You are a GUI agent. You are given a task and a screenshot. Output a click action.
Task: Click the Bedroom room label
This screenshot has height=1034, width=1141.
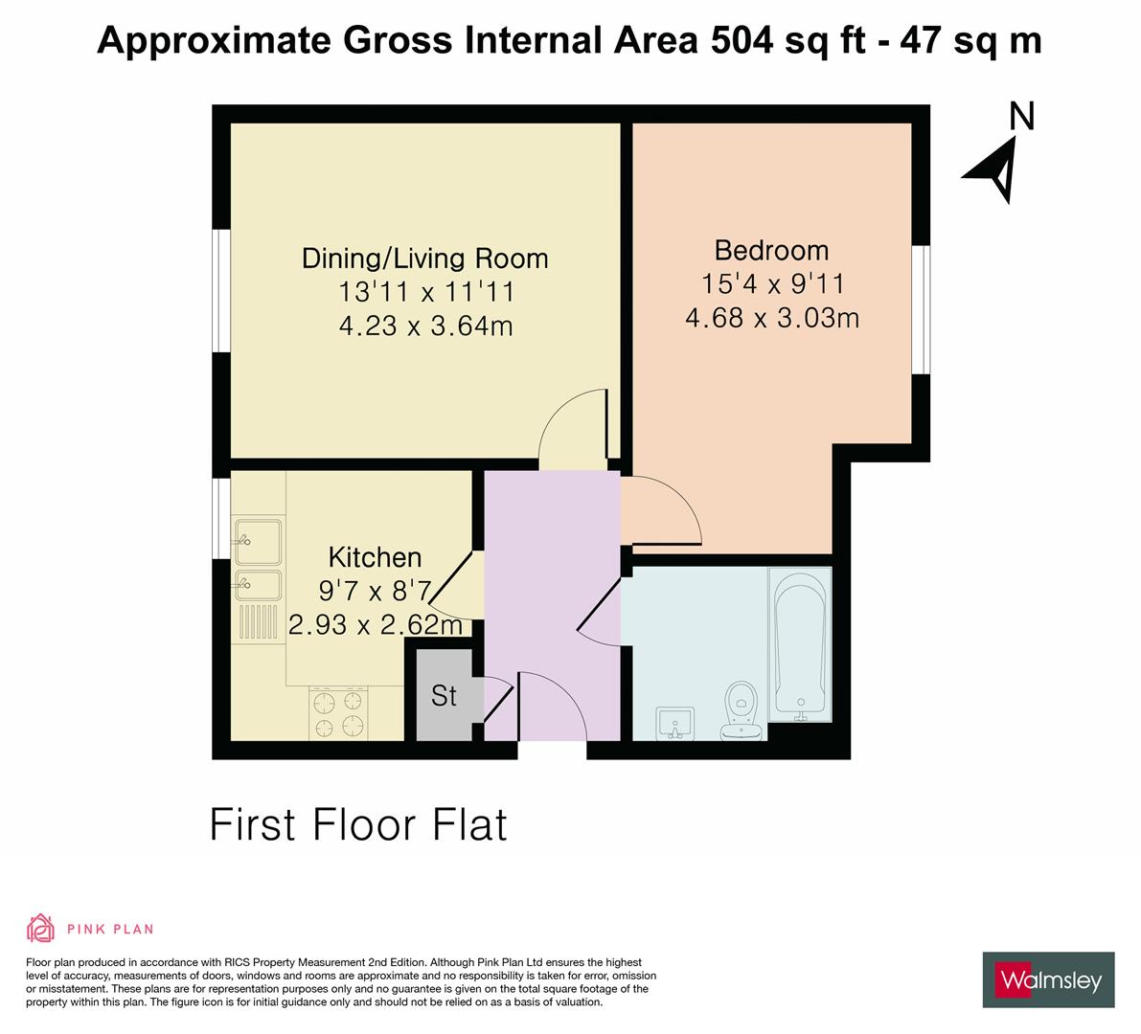(x=771, y=251)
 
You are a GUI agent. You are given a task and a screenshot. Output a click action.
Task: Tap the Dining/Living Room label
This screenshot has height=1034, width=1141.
(x=424, y=258)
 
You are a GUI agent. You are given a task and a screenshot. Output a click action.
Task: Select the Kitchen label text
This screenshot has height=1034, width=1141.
(x=375, y=557)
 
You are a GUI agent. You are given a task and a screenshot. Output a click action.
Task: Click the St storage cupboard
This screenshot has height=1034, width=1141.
(x=444, y=695)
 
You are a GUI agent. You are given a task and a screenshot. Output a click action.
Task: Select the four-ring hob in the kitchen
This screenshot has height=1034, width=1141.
(x=338, y=713)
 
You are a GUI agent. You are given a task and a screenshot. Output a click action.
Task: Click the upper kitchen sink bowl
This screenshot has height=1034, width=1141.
(x=258, y=539)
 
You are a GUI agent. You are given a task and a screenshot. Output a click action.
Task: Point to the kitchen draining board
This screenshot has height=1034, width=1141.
(x=258, y=622)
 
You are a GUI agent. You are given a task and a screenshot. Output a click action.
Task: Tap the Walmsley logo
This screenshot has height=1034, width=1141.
(x=1049, y=979)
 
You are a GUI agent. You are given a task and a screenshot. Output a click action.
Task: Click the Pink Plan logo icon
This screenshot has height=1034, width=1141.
(x=40, y=928)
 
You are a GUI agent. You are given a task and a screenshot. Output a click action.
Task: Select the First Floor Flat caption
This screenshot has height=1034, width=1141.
(x=357, y=824)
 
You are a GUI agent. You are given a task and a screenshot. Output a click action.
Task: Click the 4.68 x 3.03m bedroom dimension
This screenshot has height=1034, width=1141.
(x=771, y=317)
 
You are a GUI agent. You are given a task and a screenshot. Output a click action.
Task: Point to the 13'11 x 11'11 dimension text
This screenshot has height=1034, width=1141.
(x=424, y=292)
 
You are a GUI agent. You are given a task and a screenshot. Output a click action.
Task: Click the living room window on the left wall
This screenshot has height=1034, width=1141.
(x=221, y=291)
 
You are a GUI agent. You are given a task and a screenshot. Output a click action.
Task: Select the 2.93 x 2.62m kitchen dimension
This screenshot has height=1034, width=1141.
(x=376, y=625)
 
